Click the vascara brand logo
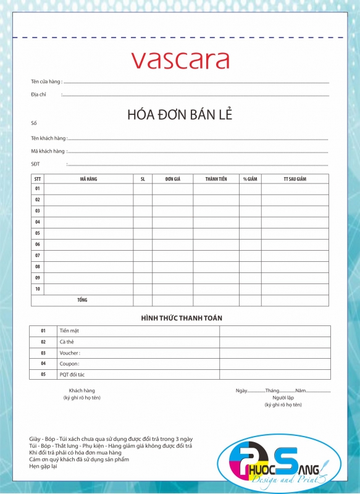pos(180,60)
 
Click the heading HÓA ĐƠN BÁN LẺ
pos(180,115)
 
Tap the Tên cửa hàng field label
pos(46,82)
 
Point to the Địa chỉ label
pos(39,94)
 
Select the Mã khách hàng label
pos(48,151)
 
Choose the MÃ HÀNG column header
pos(88,179)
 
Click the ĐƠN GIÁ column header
pos(173,179)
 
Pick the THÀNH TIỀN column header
pos(216,179)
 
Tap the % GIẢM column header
pos(250,179)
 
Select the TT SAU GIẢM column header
pos(295,179)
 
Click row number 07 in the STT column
pos(38,256)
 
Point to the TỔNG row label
pos(82,300)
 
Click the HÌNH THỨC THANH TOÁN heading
pos(182,318)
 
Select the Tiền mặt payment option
pos(69,331)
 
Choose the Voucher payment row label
pos(69,353)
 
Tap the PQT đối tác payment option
pos(72,375)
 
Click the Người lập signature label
pos(283,398)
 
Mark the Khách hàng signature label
pos(82,391)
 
